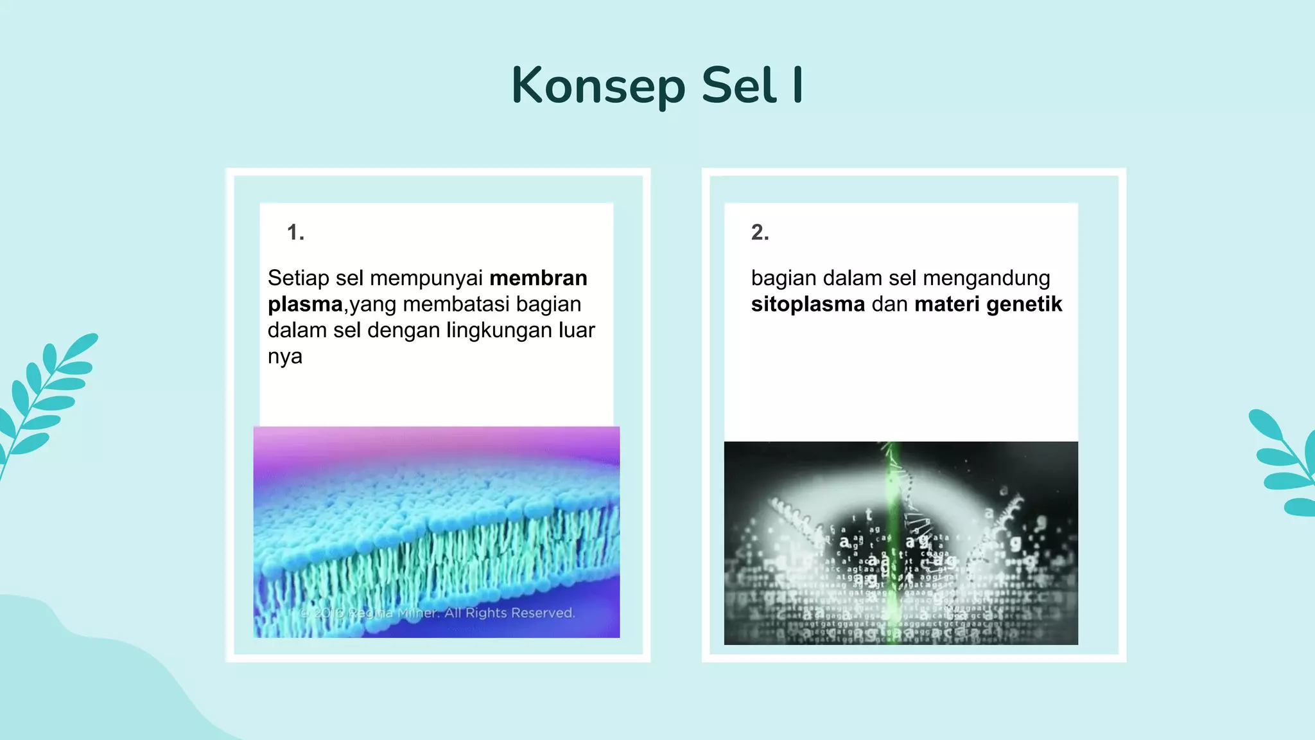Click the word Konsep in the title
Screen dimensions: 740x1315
(x=598, y=86)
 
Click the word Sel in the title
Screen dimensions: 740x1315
(x=739, y=86)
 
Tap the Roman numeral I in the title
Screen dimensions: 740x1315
(x=797, y=85)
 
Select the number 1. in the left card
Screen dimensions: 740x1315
(x=295, y=233)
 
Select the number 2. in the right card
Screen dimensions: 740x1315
(x=760, y=233)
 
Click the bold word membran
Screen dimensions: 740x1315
(x=538, y=278)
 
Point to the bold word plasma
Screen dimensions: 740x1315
(x=305, y=304)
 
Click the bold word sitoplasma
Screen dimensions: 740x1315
(x=808, y=304)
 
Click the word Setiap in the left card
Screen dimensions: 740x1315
(x=298, y=278)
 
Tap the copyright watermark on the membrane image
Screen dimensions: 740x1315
(x=437, y=613)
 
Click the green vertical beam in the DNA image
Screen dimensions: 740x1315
(x=893, y=540)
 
